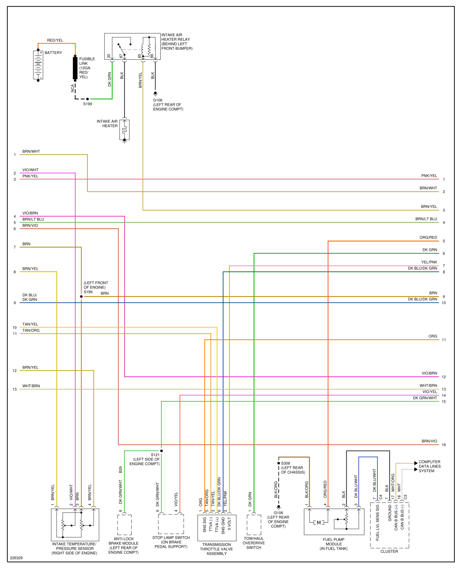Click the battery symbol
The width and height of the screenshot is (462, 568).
[x=38, y=65]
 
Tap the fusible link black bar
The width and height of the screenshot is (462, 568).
[x=75, y=68]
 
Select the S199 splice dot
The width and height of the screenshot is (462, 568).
[x=88, y=99]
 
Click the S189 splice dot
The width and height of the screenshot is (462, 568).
[x=81, y=296]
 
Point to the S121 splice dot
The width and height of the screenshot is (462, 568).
[x=161, y=451]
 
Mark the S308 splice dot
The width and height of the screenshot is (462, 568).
[x=279, y=463]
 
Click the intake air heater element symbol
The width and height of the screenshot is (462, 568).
[x=124, y=130]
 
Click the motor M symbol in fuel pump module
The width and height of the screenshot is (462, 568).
[x=318, y=522]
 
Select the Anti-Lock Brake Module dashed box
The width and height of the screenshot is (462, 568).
[x=124, y=525]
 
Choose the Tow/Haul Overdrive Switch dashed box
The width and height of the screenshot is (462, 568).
[x=254, y=525]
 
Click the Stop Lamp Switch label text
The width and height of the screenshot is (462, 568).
[x=171, y=542]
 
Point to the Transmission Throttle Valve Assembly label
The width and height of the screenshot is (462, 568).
[x=217, y=549]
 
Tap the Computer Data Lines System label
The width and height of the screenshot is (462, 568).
[x=429, y=466]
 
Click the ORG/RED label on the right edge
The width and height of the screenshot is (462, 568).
[x=428, y=237]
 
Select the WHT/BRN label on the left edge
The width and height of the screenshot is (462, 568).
[x=31, y=386]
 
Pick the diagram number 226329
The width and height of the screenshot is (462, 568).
[x=16, y=558]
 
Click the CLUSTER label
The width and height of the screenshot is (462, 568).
[x=389, y=551]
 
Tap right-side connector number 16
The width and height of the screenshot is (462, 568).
[x=444, y=445]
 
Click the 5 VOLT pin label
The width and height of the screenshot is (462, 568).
[x=229, y=524]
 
